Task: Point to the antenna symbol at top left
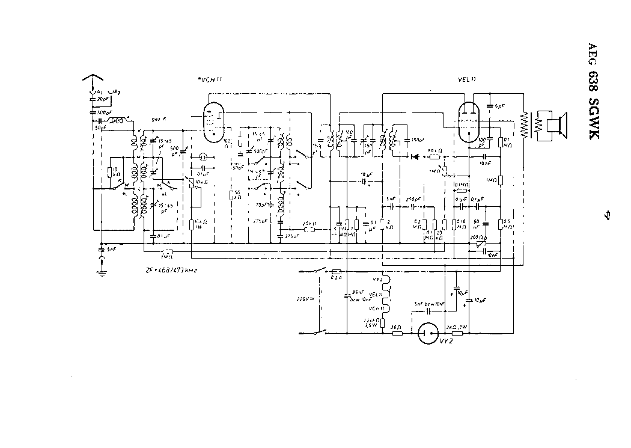(x=94, y=80)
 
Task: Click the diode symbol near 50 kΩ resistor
(x=414, y=156)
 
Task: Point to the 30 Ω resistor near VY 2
(x=397, y=333)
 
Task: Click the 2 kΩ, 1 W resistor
(x=457, y=333)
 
